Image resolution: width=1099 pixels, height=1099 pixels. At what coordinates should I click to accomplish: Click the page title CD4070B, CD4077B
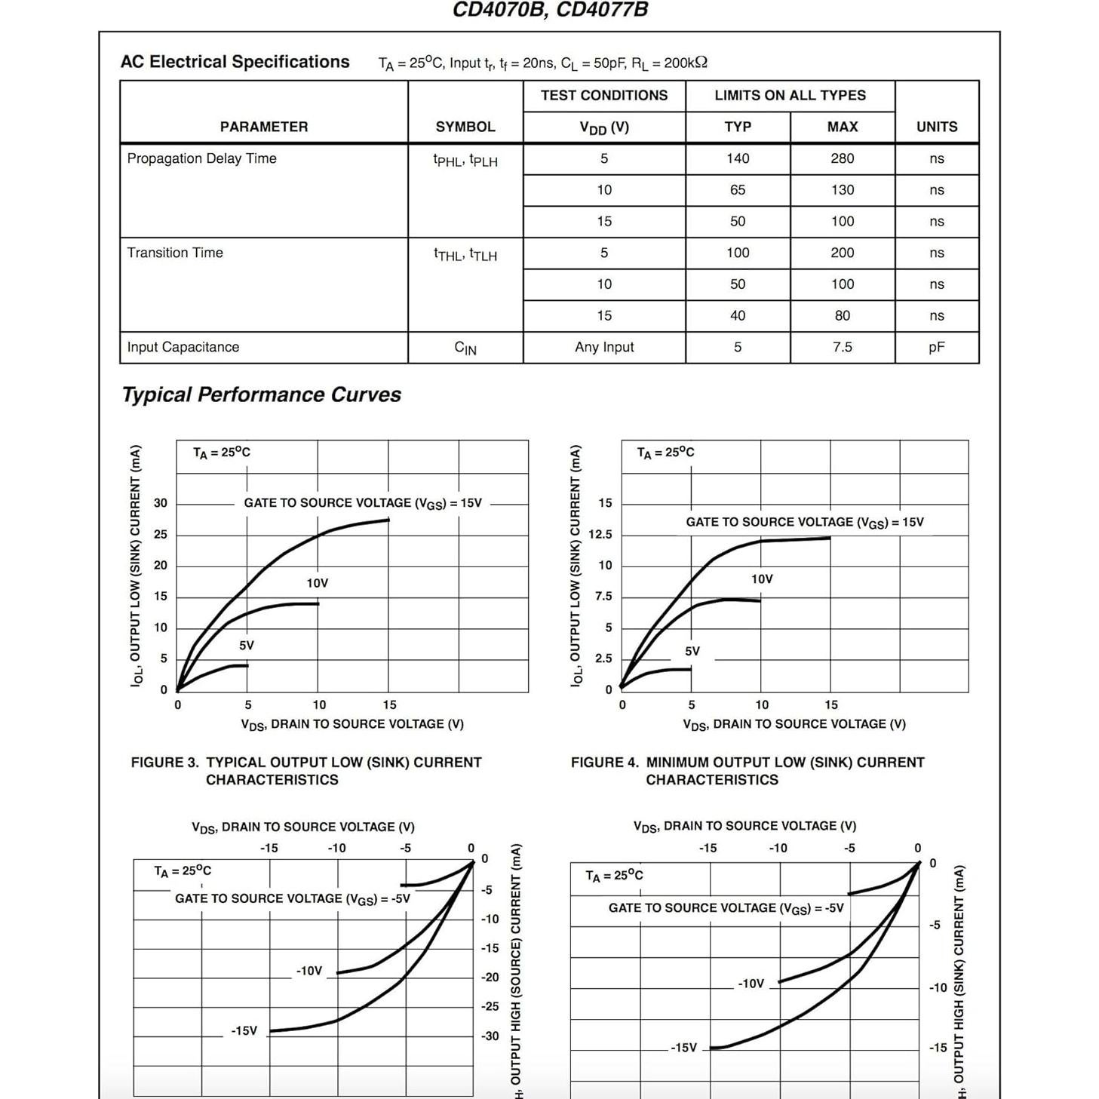(549, 10)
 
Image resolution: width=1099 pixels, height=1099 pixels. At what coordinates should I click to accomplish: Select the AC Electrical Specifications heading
(235, 62)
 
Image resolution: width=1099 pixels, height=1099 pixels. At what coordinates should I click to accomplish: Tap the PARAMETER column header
(263, 127)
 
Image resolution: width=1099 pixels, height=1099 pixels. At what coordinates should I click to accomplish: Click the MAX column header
(842, 127)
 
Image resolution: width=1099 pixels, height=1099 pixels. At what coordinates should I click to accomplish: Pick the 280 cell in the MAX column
(842, 158)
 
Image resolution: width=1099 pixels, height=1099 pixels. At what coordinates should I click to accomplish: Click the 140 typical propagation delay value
(737, 158)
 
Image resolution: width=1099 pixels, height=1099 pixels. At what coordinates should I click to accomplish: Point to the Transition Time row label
(175, 253)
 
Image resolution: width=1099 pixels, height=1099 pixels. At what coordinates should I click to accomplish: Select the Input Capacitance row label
(183, 347)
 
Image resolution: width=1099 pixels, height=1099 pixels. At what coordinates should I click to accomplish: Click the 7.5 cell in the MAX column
(842, 347)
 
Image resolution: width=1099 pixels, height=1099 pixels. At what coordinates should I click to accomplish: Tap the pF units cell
(936, 347)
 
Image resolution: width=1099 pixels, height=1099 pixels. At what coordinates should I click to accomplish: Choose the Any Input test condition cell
(603, 347)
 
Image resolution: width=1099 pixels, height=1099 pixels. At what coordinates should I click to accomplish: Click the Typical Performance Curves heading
(261, 394)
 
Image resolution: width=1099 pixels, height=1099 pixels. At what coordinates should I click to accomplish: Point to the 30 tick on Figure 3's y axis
(161, 503)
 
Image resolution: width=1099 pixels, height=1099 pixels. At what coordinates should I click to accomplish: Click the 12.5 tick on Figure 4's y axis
(600, 535)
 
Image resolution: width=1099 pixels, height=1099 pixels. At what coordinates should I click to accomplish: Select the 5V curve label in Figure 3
(247, 646)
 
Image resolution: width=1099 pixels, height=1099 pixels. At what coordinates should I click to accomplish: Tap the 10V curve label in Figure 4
(762, 579)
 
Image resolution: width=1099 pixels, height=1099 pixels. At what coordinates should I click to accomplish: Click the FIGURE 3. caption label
(164, 763)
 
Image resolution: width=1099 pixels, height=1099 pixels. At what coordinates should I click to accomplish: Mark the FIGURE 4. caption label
(604, 763)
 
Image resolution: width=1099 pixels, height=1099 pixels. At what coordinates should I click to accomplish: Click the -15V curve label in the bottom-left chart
(244, 1031)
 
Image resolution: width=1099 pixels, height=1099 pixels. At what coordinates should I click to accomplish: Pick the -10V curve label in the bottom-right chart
(751, 984)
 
